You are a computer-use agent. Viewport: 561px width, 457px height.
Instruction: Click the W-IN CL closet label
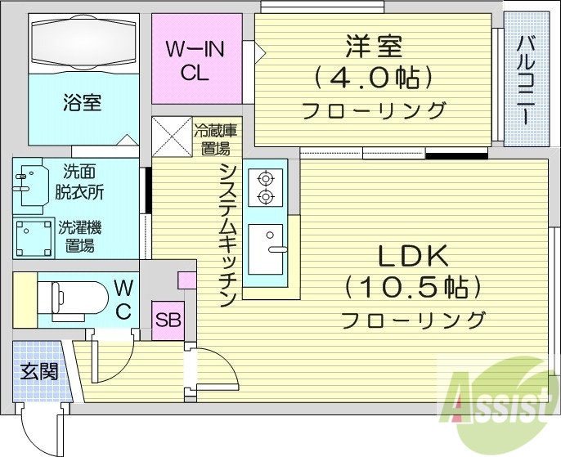[195, 61]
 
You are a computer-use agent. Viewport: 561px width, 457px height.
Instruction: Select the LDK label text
[413, 257]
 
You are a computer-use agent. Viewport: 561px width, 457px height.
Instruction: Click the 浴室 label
[82, 104]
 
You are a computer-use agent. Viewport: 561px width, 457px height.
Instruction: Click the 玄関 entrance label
[39, 371]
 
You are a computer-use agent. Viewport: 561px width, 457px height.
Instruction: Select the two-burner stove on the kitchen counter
[266, 186]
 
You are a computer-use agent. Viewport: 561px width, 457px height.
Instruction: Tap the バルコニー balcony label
[526, 78]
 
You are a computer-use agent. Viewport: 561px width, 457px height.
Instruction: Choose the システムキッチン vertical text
[228, 233]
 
